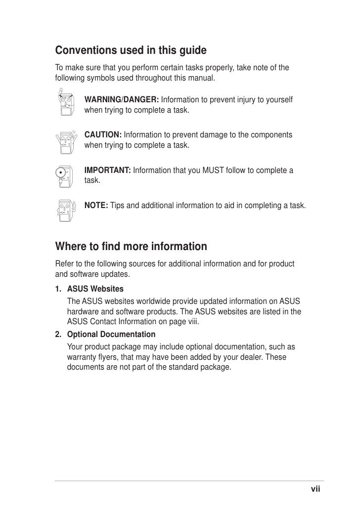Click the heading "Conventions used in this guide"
click(131, 51)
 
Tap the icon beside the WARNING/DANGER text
click(65, 104)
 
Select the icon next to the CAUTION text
click(65, 140)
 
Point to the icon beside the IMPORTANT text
click(65, 176)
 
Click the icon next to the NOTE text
click(65, 210)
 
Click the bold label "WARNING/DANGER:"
click(122, 100)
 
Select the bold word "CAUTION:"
click(103, 135)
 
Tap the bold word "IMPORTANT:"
click(108, 170)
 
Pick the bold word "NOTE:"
click(96, 205)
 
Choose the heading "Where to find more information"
click(131, 246)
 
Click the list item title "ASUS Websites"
click(95, 288)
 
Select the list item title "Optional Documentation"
click(111, 335)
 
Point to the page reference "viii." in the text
click(196, 321)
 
